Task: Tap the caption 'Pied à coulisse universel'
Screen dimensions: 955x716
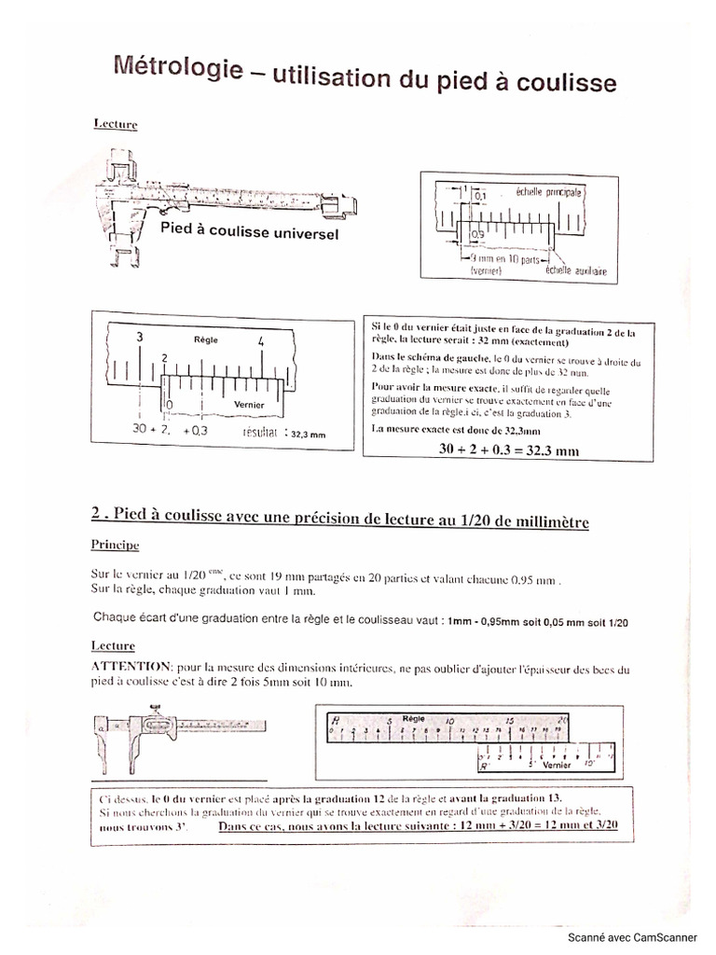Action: pos(249,229)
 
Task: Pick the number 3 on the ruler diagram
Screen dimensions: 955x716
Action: pos(139,336)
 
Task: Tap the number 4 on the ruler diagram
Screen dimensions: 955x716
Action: pos(262,341)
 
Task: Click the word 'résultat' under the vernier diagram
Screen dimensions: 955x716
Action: pos(264,433)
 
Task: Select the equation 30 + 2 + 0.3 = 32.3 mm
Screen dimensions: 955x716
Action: pos(508,450)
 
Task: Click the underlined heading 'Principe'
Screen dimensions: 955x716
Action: pos(115,543)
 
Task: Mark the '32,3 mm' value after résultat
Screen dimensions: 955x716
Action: pos(309,434)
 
